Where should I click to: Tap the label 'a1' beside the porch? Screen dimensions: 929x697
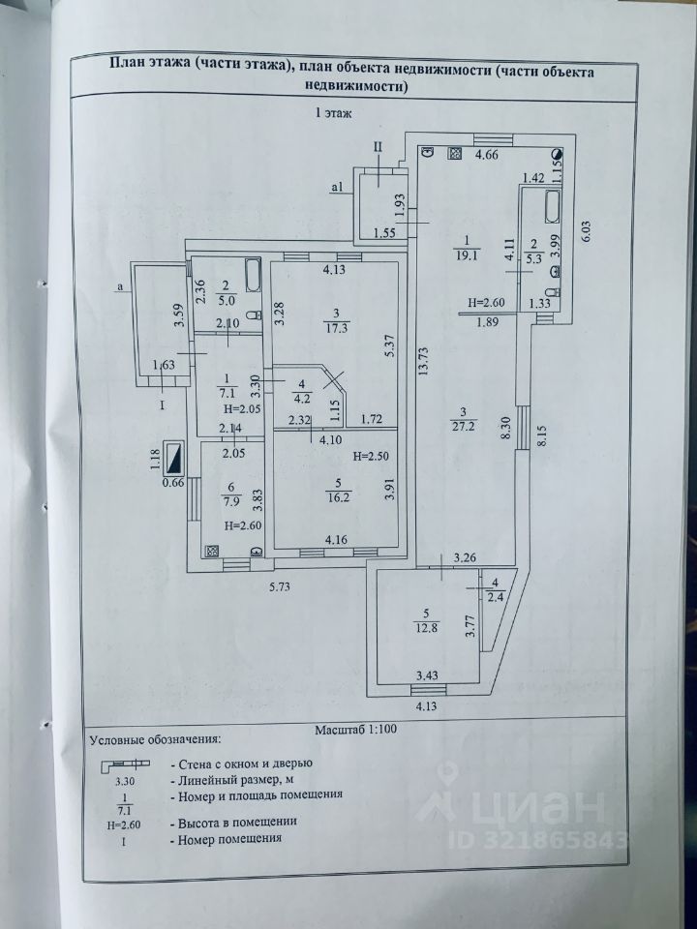coord(337,187)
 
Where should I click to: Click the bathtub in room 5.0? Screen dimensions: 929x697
coord(251,276)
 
